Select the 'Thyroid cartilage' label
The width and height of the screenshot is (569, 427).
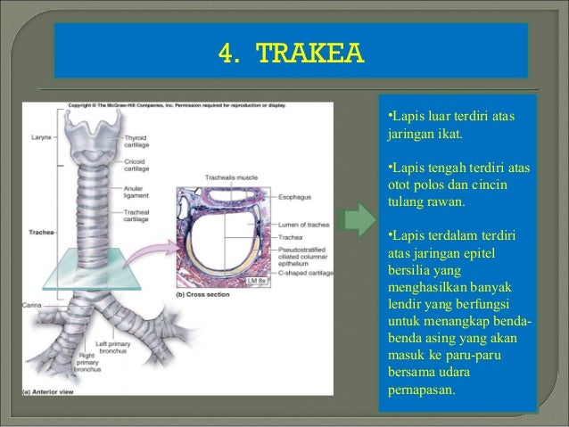pyautogui.click(x=136, y=142)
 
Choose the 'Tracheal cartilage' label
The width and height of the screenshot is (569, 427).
pyautogui.click(x=136, y=215)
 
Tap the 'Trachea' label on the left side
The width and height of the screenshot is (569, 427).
pyautogui.click(x=35, y=233)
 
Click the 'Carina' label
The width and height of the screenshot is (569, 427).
pyautogui.click(x=32, y=304)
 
